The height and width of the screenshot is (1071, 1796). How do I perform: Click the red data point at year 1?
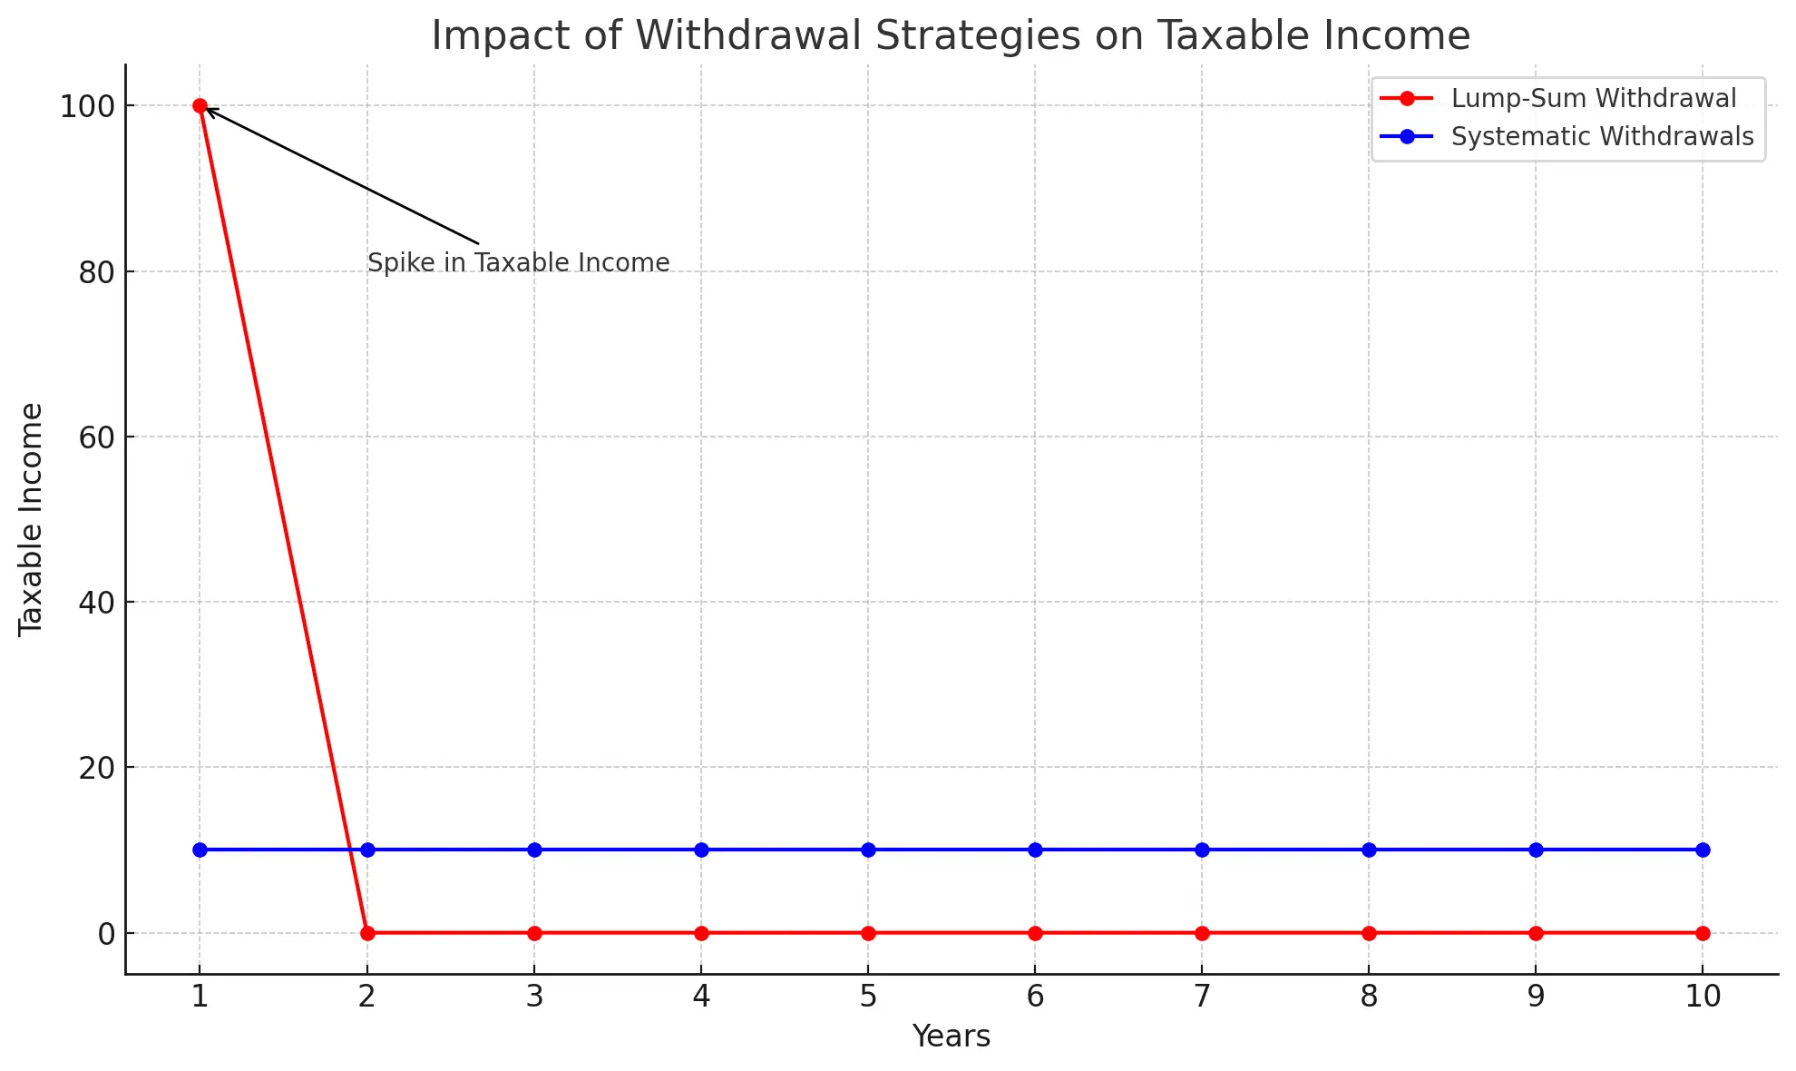click(x=200, y=106)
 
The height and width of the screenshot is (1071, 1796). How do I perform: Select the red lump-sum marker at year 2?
click(x=367, y=933)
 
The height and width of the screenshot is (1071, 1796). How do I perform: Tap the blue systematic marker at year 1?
click(x=200, y=850)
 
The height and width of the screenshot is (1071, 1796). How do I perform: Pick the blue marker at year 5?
click(x=868, y=850)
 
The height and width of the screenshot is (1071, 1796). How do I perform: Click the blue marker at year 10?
click(x=1703, y=850)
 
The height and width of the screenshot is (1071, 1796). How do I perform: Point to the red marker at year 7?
click(x=1202, y=933)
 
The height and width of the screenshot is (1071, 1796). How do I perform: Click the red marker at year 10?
click(x=1703, y=933)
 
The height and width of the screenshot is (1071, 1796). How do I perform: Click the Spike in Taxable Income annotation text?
click(x=518, y=263)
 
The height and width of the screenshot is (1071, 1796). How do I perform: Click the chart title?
click(x=951, y=35)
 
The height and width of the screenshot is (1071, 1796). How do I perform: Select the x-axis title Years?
click(x=951, y=1036)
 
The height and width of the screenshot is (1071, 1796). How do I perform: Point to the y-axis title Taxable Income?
click(x=31, y=519)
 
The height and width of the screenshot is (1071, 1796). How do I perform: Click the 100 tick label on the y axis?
click(x=87, y=107)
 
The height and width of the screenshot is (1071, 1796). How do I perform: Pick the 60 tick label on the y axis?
click(x=96, y=437)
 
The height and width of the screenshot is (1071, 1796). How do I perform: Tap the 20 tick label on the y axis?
click(x=96, y=768)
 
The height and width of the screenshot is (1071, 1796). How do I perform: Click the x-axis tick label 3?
click(x=534, y=997)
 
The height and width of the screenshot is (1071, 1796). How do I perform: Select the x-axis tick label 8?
click(x=1369, y=997)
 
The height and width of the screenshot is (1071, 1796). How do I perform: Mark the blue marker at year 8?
click(x=1369, y=850)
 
